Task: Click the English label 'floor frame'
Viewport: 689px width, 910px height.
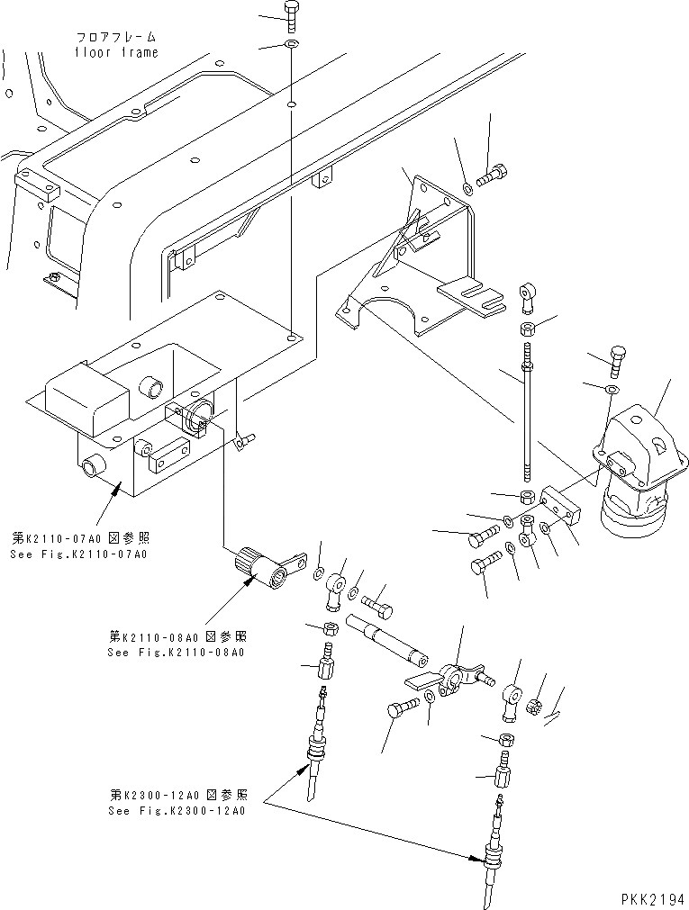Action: coord(116,52)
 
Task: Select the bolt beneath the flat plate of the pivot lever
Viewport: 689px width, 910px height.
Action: coord(402,709)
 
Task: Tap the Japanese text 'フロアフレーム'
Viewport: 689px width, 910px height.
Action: coord(115,38)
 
